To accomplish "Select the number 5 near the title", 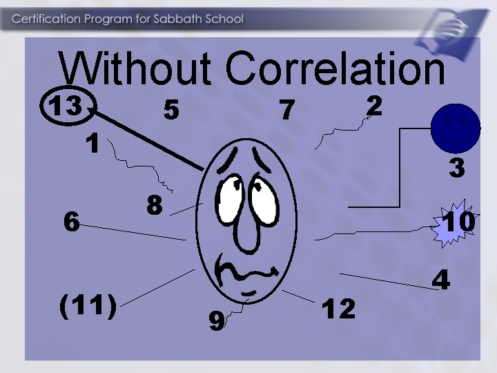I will click(171, 109).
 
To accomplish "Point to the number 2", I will click(373, 106).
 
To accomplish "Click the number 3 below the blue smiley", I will click(456, 168).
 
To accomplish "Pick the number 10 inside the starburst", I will click(459, 222).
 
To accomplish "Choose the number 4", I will click(441, 280).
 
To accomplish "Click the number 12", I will click(340, 309).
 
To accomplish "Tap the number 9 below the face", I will click(216, 321).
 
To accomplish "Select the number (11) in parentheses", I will click(88, 304).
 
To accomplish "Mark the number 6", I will click(70, 222).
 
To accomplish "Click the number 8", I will click(154, 204).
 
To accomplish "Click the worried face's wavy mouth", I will click(242, 273).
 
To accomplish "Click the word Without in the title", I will click(135, 69).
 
